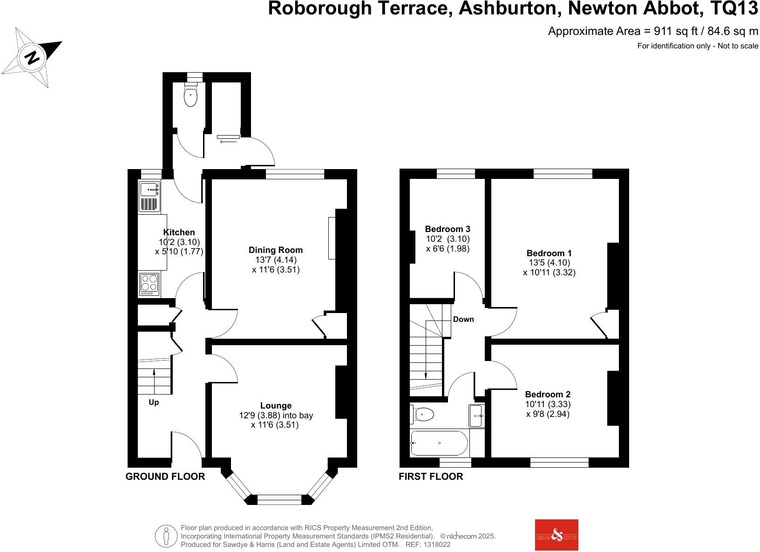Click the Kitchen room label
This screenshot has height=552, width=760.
(179, 232)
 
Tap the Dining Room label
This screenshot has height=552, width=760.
(276, 250)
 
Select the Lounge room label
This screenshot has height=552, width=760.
(276, 406)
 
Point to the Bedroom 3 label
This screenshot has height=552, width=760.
(448, 229)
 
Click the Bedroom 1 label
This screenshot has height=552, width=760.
(549, 253)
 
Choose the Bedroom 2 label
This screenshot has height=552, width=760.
(548, 395)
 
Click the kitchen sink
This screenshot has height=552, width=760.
(149, 189)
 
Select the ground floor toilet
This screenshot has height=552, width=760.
(190, 96)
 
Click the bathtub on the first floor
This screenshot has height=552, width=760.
(439, 443)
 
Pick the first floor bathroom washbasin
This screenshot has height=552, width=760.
(477, 416)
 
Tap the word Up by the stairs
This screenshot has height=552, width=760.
(154, 402)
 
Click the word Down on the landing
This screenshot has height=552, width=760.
(463, 319)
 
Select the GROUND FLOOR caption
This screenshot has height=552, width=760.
(165, 477)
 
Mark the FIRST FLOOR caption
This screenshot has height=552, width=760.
(431, 477)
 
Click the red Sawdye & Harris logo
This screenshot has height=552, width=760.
(556, 535)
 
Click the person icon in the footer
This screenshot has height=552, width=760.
(166, 536)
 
